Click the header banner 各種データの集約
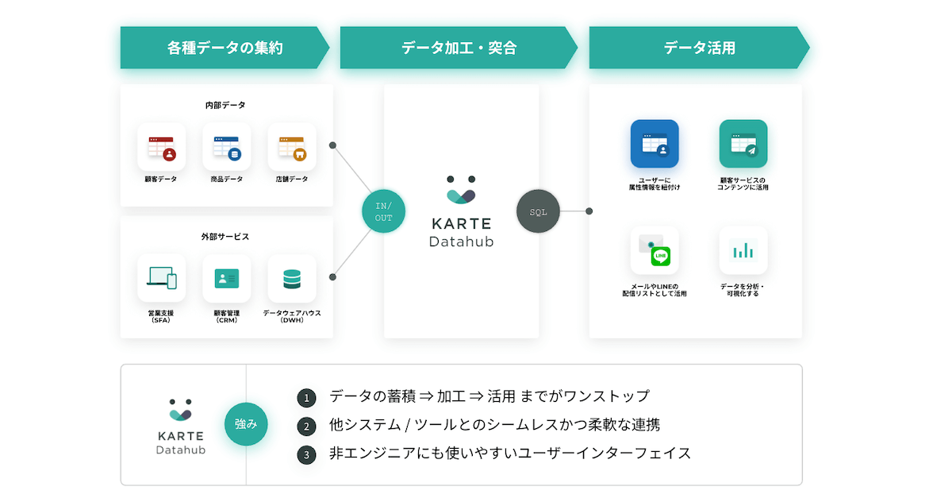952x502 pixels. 225,48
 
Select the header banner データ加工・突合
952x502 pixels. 459,48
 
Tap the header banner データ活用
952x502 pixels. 699,48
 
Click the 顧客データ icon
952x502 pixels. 161,148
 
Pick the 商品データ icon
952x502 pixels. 226,148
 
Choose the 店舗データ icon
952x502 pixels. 291,148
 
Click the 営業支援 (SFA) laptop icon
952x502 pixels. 161,279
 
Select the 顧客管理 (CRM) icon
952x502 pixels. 226,279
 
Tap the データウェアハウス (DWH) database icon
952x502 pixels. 291,279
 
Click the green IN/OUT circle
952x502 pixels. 384,211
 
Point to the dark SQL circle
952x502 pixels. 539,211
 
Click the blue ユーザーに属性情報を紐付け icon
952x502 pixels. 654,144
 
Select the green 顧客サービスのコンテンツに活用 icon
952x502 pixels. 743,144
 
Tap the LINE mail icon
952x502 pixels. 654,250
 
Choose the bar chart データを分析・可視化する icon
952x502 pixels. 743,250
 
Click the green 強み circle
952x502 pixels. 246,424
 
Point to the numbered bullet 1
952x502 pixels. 306,397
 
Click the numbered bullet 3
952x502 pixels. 306,454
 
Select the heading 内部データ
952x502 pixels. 226,105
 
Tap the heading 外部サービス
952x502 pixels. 226,237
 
